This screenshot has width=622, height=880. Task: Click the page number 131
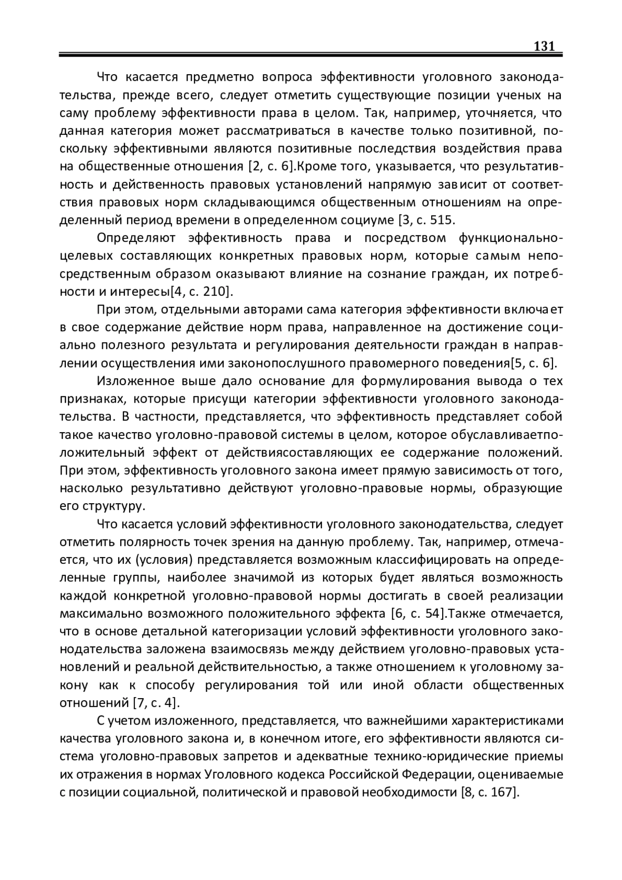[x=544, y=46]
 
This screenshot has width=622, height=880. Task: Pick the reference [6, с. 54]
[x=417, y=614]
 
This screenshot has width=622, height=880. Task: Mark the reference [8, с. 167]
[x=490, y=792]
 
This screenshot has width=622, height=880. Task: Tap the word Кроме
[x=316, y=166]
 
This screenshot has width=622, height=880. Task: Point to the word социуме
[x=367, y=220]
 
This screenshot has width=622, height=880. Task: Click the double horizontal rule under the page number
[x=311, y=54]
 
